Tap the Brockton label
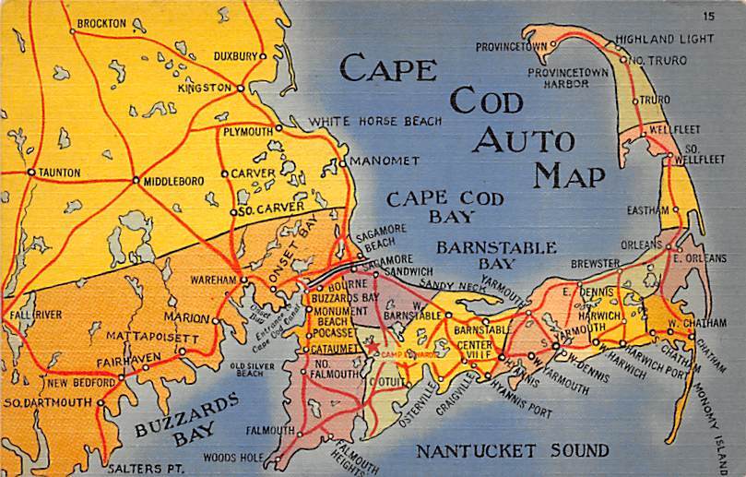(101, 22)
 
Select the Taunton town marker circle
(31, 172)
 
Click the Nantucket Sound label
(512, 451)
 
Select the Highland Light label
(664, 39)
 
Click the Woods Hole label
(232, 456)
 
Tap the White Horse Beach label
(374, 121)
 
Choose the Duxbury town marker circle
(263, 56)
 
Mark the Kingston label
(204, 88)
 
